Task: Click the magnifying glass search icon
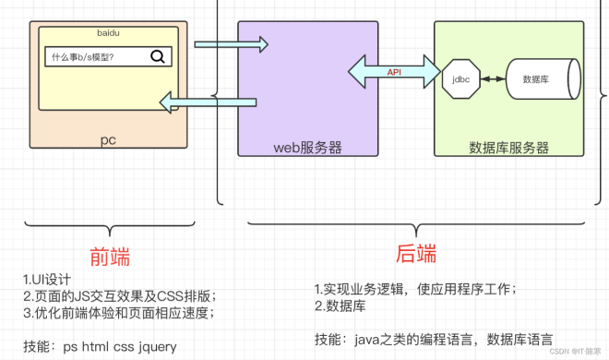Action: [157, 56]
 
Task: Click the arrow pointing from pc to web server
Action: [231, 43]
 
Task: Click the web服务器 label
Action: [307, 147]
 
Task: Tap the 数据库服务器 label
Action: [508, 147]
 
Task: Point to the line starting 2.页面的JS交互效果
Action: [119, 296]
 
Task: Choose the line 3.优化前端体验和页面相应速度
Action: [119, 313]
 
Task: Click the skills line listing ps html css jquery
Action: [99, 346]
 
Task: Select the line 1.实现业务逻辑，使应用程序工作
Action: [414, 288]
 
